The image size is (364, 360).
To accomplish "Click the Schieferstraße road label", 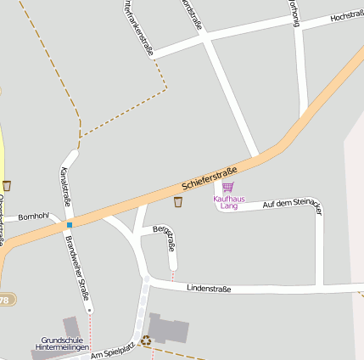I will point(209,178).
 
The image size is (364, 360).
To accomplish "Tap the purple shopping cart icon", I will point(227,187).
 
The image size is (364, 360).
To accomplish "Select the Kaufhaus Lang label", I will point(227,201).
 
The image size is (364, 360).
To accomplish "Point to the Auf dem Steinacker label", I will point(292,206).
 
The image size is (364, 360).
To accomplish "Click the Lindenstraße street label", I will point(209,289).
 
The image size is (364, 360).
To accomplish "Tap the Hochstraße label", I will point(347,16).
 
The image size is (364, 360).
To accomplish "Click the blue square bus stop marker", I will point(70,224).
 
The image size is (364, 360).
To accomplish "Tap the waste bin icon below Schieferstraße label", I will point(178,202).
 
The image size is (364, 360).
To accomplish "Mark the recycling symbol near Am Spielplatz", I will point(146,340).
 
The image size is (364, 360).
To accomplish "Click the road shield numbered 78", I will point(5,300).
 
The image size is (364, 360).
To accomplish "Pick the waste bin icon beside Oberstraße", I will point(7,185).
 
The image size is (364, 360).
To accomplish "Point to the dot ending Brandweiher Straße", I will point(90,311).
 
